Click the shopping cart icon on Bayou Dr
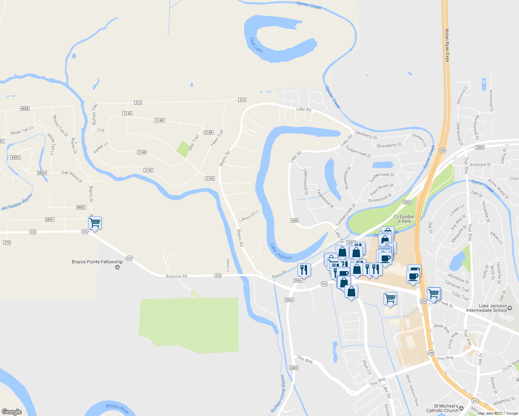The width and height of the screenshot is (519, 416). tap(95, 223)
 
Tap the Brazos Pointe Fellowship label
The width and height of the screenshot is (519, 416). tap(97, 262)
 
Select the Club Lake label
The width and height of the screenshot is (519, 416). tap(256, 45)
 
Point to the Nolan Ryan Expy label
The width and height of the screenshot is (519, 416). tap(447, 45)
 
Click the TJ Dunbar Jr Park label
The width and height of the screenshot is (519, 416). tap(404, 219)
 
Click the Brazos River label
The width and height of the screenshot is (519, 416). tap(117, 408)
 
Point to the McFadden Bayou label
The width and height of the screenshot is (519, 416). tap(17, 202)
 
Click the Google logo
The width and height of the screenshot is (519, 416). tap(12, 411)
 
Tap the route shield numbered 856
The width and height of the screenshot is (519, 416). tap(295, 220)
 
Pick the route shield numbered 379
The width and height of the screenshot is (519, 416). tap(7, 243)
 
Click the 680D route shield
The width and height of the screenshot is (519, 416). tap(81, 207)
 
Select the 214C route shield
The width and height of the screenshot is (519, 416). tap(148, 170)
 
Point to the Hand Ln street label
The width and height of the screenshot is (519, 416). tap(228, 265)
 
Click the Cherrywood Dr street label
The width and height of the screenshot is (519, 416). tap(305, 181)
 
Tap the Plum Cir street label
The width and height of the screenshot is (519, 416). tap(367, 367)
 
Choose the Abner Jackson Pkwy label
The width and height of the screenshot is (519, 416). tap(412, 390)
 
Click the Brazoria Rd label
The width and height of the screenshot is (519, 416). tap(176, 276)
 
